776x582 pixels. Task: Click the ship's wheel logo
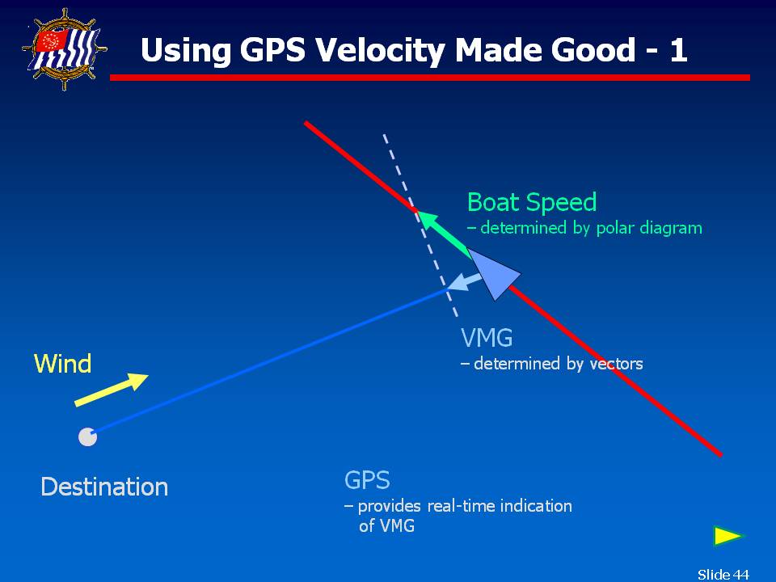click(x=65, y=49)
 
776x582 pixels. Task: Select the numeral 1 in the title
click(x=678, y=50)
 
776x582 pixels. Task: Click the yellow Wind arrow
click(x=112, y=390)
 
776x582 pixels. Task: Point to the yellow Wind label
click(x=63, y=364)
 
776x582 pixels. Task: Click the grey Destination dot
click(x=87, y=437)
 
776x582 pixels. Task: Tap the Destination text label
click(x=104, y=487)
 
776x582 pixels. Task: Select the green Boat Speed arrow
click(x=444, y=233)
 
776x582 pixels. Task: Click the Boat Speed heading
click(x=532, y=202)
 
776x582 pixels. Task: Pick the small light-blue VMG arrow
click(x=465, y=281)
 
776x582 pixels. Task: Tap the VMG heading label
click(x=487, y=338)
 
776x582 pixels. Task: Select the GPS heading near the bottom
click(x=367, y=480)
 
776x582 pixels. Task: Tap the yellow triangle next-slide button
click(x=728, y=536)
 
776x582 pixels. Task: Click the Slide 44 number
click(x=723, y=574)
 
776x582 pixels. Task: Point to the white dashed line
click(x=420, y=226)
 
